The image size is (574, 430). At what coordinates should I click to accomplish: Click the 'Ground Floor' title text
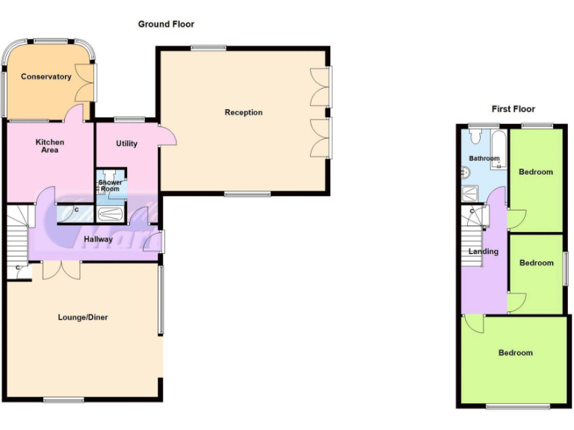point(166,25)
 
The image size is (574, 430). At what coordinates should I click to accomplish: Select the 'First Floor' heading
point(513,109)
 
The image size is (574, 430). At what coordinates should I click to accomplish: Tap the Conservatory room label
point(46,77)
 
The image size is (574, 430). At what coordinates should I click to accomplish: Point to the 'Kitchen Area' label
point(50,146)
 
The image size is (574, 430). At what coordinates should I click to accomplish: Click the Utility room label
point(126,143)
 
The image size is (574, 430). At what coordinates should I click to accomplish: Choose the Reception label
point(244,113)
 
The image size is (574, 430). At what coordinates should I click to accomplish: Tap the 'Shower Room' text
point(111,186)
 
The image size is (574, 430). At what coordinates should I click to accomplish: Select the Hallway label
point(98,240)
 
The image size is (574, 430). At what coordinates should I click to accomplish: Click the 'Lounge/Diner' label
point(83,317)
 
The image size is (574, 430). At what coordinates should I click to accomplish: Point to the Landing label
point(483,252)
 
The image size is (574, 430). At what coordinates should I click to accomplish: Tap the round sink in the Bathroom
point(466,173)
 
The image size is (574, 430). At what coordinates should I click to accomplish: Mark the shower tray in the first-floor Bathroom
point(473,193)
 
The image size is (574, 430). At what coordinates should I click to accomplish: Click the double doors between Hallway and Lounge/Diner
point(60,269)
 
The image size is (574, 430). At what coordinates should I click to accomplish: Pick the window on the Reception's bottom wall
point(248,195)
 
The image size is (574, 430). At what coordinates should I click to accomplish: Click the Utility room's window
point(129,119)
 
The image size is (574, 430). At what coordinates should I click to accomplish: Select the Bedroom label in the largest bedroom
point(516,353)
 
